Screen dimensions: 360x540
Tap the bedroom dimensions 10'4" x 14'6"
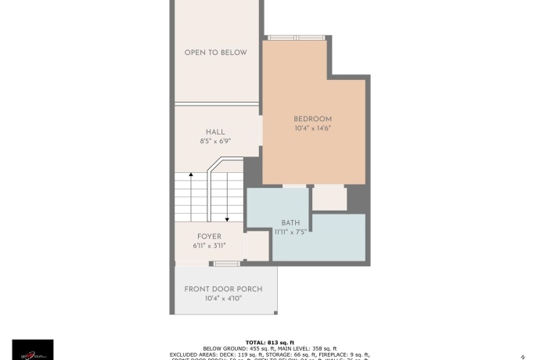[x=313, y=128]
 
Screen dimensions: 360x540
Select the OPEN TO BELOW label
[x=215, y=52]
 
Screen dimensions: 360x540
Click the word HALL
[x=215, y=131]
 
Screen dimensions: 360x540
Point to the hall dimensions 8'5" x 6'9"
[x=215, y=142]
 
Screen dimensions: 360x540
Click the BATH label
[x=290, y=222]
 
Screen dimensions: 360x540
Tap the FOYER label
[x=209, y=236]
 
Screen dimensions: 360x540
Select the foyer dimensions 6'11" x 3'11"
[x=209, y=246]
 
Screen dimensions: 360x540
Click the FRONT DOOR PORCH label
[x=223, y=289]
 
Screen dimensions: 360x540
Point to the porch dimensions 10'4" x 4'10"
[x=223, y=298]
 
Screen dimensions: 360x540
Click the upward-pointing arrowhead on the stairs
[x=190, y=177]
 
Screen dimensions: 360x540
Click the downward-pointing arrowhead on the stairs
[x=227, y=219]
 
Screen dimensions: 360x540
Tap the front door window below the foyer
[x=227, y=264]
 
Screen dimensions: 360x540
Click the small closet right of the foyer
[x=256, y=246]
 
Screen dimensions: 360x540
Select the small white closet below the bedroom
[x=329, y=199]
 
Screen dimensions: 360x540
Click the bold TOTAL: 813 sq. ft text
[x=269, y=342]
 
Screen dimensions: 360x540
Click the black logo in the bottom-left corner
[x=33, y=350]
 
